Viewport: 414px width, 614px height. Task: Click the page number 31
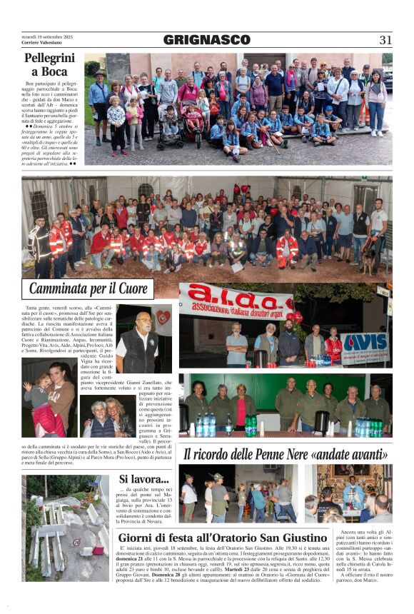tap(385, 40)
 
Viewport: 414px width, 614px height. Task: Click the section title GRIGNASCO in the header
tap(206, 40)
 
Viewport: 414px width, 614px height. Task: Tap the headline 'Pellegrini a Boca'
tap(49, 64)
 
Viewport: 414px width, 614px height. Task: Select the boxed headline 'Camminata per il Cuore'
tap(88, 289)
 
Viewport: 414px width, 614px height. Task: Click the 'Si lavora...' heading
tap(143, 479)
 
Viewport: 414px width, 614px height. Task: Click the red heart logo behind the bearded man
tap(162, 317)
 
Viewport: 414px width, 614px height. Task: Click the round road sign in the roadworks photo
tap(76, 542)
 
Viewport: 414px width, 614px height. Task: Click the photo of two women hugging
tap(106, 418)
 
